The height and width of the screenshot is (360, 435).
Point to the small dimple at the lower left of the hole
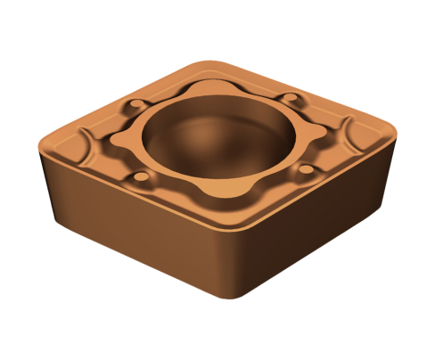coord(138,183)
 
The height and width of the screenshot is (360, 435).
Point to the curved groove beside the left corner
coord(85,147)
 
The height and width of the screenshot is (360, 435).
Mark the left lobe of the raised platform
coord(120,143)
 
